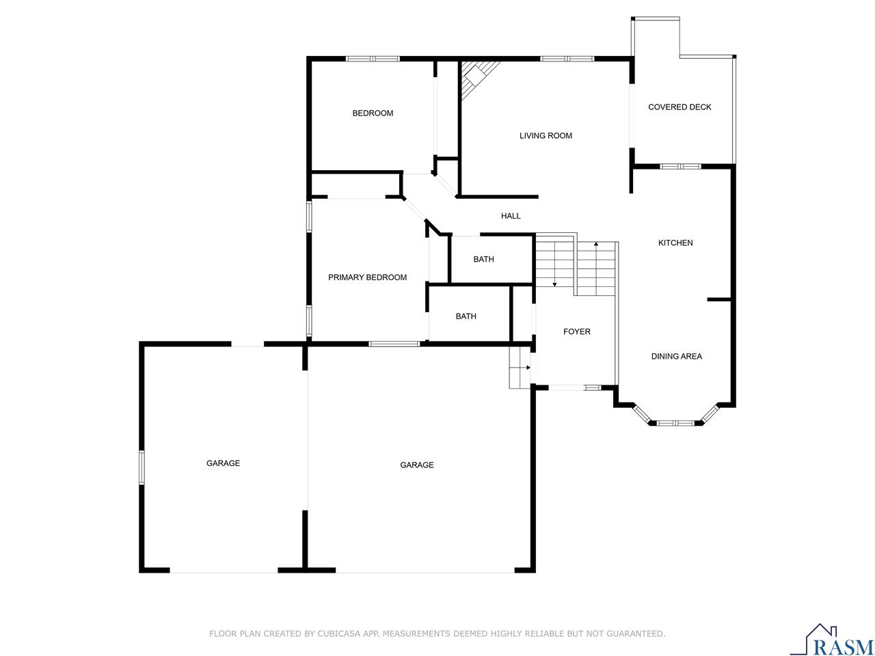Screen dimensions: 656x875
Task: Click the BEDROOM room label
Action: pos(373,113)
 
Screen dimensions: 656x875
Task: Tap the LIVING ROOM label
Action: pos(546,136)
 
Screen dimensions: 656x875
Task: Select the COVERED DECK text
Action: pos(679,107)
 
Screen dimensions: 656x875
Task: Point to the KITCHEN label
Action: pos(675,243)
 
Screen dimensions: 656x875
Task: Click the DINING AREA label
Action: pos(676,357)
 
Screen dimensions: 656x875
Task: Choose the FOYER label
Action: pos(576,332)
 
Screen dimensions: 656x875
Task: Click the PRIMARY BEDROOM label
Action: pos(367,277)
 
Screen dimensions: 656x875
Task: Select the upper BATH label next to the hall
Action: pos(483,260)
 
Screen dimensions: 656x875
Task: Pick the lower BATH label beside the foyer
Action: pos(466,316)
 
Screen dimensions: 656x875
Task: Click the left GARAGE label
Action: pos(223,463)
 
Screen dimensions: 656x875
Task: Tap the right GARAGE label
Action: pos(416,465)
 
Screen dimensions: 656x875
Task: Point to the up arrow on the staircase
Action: pos(596,245)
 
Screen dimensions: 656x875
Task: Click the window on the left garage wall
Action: pos(142,467)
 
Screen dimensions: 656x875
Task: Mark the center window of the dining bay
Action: pos(675,423)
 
